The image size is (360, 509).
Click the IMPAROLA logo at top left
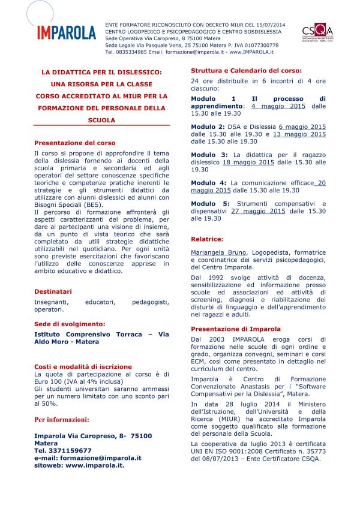(x=67, y=31)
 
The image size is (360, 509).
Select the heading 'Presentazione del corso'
(x=74, y=143)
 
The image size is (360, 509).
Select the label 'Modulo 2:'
(x=208, y=127)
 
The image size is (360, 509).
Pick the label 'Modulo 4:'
(x=208, y=182)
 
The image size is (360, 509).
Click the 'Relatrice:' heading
(x=207, y=239)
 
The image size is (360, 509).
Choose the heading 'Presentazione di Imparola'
(x=235, y=329)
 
